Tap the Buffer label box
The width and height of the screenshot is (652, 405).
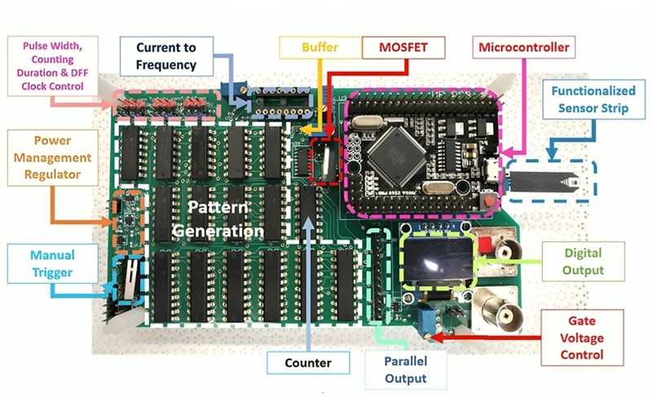tap(318, 47)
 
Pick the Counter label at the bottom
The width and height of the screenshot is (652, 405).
tap(308, 362)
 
